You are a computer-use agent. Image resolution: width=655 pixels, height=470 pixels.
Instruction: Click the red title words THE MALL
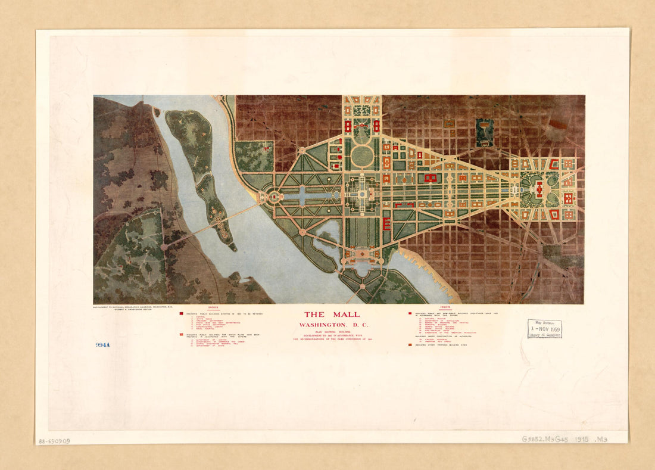coord(332,315)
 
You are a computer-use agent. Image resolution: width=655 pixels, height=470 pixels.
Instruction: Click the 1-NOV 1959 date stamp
coord(544,329)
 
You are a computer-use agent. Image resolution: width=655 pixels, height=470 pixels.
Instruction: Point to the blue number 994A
coord(102,345)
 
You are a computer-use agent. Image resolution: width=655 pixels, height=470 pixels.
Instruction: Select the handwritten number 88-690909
coord(54,441)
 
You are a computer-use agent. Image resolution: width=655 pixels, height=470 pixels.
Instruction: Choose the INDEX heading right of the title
coord(445,308)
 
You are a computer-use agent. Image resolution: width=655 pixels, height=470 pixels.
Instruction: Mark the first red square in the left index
coord(181,313)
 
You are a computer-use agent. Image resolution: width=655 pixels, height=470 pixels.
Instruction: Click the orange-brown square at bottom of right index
coord(411,345)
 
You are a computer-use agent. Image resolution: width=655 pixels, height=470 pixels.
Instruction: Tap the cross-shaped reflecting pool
coord(302,195)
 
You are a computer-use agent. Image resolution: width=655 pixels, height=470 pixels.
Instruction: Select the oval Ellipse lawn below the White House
coord(361,157)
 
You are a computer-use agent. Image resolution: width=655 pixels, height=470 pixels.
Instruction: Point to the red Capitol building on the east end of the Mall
coord(539,189)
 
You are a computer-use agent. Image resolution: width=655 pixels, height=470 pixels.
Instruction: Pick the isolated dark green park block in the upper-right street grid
coord(485,130)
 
